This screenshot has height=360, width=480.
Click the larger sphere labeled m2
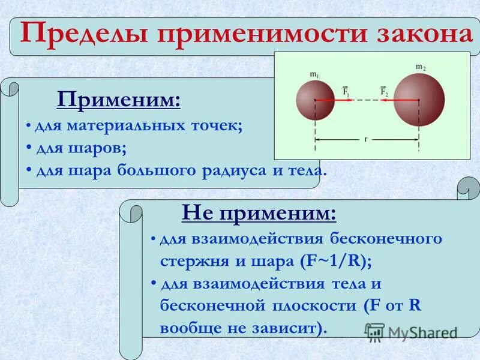pyautogui.click(x=419, y=98)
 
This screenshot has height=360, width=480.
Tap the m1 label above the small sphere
pyautogui.click(x=314, y=74)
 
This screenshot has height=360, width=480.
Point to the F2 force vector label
pyautogui.click(x=384, y=91)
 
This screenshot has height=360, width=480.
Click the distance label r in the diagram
pyautogui.click(x=366, y=139)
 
